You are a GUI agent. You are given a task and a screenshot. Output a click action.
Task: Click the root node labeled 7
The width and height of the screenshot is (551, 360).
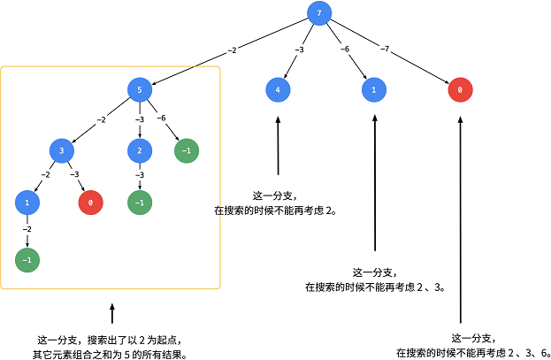click(319, 12)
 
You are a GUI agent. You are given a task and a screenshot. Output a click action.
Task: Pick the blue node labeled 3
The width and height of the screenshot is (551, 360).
click(62, 150)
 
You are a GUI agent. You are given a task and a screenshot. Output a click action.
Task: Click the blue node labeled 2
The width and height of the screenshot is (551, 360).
click(139, 150)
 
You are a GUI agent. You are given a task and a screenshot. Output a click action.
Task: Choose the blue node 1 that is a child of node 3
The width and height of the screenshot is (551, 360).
click(27, 203)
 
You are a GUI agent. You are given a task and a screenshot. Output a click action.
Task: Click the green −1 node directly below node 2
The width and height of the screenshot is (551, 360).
click(139, 203)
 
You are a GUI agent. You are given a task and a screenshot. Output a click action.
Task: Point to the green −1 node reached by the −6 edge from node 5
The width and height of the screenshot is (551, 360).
click(186, 150)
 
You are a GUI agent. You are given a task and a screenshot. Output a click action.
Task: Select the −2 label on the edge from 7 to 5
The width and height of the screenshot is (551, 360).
click(232, 51)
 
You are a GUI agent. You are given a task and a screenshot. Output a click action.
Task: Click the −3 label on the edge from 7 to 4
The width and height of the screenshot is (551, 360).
click(299, 50)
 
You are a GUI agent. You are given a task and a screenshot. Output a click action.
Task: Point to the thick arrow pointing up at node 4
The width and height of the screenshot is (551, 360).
click(278, 146)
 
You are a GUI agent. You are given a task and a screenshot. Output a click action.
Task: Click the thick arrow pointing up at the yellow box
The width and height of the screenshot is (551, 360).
click(111, 314)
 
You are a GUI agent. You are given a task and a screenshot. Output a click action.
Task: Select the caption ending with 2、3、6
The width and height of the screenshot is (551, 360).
click(474, 352)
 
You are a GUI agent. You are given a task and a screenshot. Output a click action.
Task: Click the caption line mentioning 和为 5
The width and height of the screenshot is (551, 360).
click(111, 354)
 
